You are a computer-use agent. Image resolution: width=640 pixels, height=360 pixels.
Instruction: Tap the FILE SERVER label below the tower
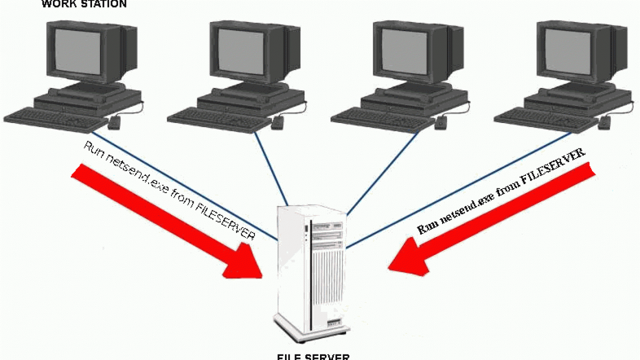(x=313, y=356)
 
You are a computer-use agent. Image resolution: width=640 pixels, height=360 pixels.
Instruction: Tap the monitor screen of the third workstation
(x=403, y=50)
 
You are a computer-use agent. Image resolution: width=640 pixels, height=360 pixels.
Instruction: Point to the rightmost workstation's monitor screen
(x=567, y=50)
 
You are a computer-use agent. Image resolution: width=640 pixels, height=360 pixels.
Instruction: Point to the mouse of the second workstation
(x=277, y=122)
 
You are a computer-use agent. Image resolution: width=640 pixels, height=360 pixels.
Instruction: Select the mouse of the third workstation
(x=441, y=122)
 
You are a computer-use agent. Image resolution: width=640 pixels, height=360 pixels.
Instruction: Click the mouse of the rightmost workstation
(x=604, y=122)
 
